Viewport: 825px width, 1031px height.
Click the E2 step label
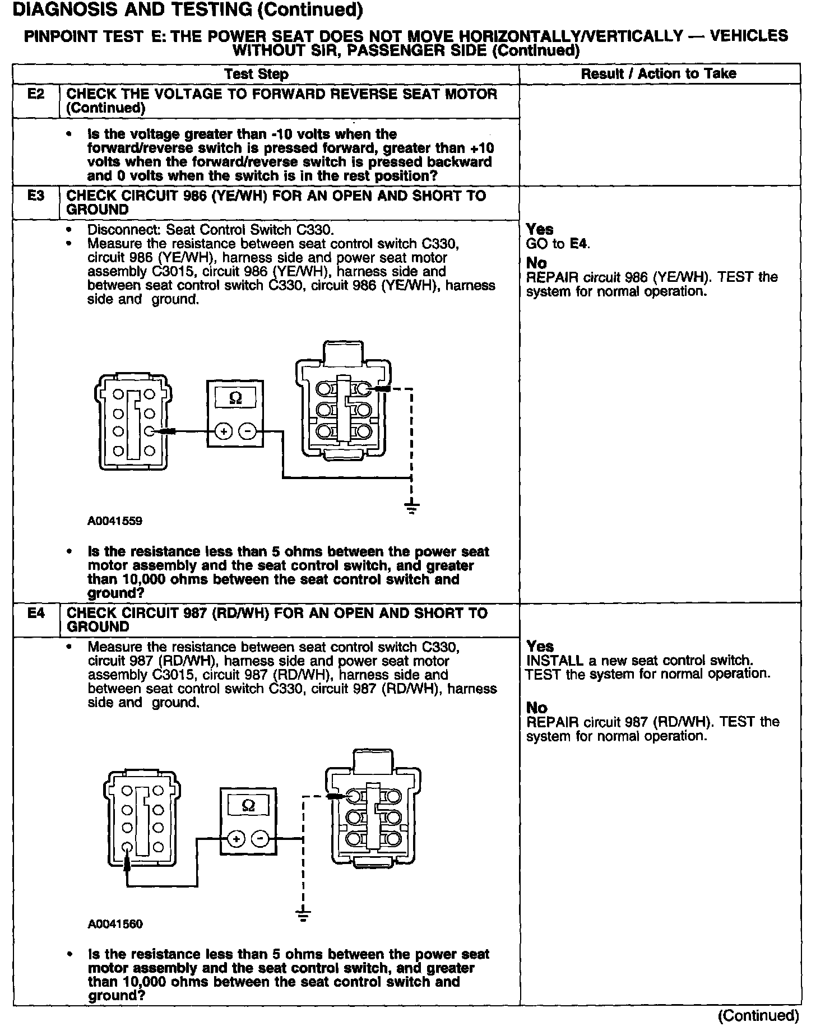tap(36, 94)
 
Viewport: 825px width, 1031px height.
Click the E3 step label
tap(36, 196)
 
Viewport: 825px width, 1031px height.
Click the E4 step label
tap(36, 613)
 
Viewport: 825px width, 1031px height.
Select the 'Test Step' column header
tap(256, 74)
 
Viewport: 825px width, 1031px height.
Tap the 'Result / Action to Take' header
tap(659, 73)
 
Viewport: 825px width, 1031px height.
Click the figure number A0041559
tap(115, 521)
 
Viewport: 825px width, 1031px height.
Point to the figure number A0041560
tap(115, 924)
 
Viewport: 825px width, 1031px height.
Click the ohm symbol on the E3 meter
tap(236, 398)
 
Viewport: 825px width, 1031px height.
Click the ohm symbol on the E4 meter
tap(249, 805)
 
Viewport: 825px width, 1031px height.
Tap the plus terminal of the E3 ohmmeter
tap(224, 431)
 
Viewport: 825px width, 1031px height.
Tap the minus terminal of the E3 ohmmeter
tap(247, 431)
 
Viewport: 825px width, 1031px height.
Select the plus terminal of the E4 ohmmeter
tap(236, 839)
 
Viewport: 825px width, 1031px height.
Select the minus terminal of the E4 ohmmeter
tap(260, 839)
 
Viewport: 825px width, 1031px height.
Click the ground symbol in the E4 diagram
tap(303, 915)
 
